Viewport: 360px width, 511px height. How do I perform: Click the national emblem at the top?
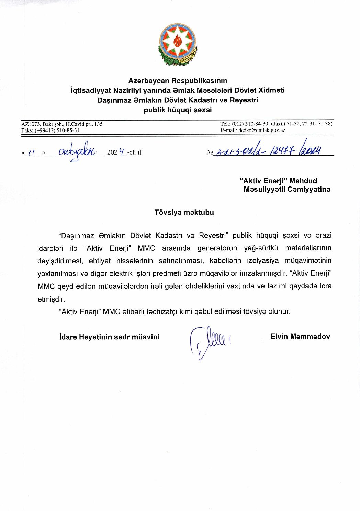tap(177, 44)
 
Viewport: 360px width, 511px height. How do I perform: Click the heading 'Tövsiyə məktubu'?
tap(184, 212)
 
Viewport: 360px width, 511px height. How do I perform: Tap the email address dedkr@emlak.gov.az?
tap(262, 130)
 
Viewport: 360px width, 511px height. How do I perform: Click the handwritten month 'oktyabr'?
tap(78, 151)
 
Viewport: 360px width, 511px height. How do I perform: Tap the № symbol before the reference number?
tap(210, 152)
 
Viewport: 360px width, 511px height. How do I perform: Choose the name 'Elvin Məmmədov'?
tap(300, 337)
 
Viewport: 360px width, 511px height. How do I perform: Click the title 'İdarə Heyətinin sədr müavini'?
tap(109, 337)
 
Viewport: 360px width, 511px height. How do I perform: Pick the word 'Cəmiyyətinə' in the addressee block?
tap(309, 189)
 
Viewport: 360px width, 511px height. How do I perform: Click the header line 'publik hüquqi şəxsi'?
tap(178, 110)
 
